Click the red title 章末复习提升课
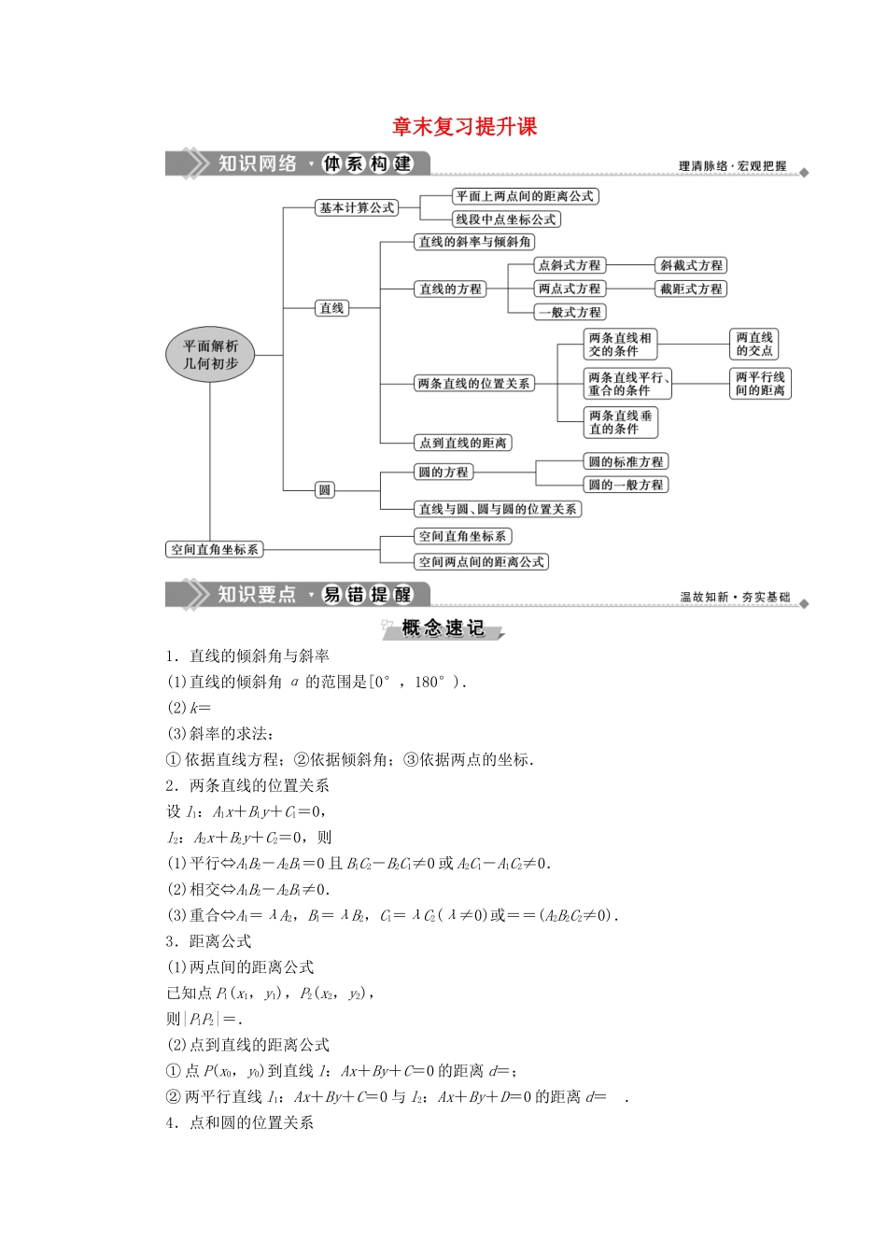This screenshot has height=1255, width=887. click(464, 127)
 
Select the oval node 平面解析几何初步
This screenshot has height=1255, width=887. click(211, 355)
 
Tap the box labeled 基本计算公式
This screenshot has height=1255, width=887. click(357, 207)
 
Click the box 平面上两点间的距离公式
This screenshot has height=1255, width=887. click(525, 196)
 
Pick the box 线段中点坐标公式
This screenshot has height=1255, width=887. click(506, 219)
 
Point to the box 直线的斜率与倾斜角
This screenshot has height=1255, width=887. click(475, 242)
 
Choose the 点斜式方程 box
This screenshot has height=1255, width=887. click(570, 265)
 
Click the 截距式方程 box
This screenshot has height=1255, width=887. click(691, 289)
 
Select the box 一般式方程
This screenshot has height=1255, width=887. click(570, 313)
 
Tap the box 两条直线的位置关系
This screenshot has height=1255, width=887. click(474, 383)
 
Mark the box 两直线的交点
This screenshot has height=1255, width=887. click(754, 344)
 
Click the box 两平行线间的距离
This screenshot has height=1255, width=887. click(760, 383)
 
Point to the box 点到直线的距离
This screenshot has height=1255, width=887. click(463, 443)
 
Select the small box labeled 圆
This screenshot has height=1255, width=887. click(325, 489)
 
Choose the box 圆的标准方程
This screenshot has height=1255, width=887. click(626, 461)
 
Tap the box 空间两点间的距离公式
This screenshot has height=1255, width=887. click(482, 561)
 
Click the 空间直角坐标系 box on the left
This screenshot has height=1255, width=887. click(215, 549)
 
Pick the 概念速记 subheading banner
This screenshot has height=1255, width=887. click(443, 628)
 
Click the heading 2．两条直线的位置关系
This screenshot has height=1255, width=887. click(247, 785)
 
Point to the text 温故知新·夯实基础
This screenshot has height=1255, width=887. click(735, 597)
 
